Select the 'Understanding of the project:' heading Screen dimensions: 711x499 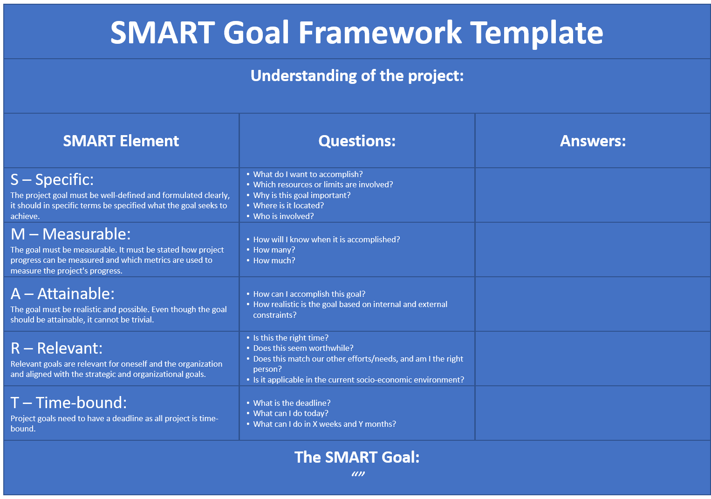tap(357, 76)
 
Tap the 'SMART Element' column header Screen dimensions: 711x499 tap(121, 141)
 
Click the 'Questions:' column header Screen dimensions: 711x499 tap(357, 141)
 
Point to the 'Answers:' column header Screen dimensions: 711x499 tap(593, 141)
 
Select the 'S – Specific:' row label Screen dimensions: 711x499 tap(52, 180)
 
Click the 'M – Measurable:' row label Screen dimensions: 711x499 tap(70, 234)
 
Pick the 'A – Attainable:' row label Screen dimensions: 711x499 tap(62, 294)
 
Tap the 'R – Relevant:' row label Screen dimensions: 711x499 tap(56, 348)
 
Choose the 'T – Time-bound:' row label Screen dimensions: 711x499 tap(68, 403)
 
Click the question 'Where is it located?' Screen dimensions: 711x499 tap(288, 205)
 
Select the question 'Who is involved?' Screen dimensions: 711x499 tap(283, 216)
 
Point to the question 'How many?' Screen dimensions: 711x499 tap(274, 250)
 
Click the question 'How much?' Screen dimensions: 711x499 tap(274, 260)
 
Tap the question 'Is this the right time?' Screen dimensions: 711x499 tap(291, 338)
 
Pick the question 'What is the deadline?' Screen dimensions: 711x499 tap(292, 403)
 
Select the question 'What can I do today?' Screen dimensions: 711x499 tap(291, 413)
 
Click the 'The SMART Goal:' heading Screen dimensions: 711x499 tap(357, 458)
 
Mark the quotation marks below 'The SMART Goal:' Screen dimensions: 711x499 tap(358, 474)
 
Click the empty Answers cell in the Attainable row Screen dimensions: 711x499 tap(593, 304)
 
